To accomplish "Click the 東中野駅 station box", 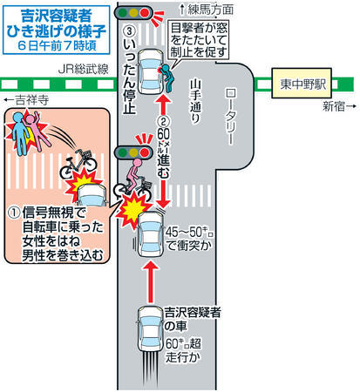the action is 302,83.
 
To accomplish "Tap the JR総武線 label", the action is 84,69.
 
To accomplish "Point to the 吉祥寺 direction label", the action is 26,100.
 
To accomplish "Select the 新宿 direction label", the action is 339,106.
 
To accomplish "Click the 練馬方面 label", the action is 207,10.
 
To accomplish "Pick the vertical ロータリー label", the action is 230,117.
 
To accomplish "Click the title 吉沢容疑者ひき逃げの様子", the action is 57,24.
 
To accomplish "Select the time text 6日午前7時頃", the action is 57,46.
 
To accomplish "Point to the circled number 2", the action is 163,121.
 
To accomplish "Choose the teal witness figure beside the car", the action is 166,78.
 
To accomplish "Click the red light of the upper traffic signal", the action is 145,12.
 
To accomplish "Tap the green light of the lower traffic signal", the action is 123,152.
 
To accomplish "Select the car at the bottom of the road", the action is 150,329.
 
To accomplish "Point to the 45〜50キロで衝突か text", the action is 189,239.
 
